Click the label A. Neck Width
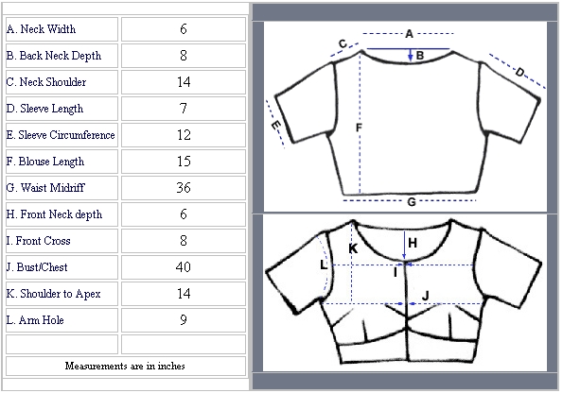pyautogui.click(x=41, y=29)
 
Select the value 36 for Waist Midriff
pyautogui.click(x=184, y=188)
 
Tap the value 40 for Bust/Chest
pyautogui.click(x=184, y=267)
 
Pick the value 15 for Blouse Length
pyautogui.click(x=184, y=162)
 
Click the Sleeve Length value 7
pyautogui.click(x=184, y=109)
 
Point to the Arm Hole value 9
pyautogui.click(x=184, y=320)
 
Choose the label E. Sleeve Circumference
pyautogui.click(x=61, y=135)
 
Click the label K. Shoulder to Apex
pyautogui.click(x=54, y=294)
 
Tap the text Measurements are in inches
pyautogui.click(x=125, y=366)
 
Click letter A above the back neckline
pyautogui.click(x=409, y=34)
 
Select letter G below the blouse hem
pyautogui.click(x=412, y=202)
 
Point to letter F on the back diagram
pyautogui.click(x=359, y=128)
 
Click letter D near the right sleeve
pyautogui.click(x=519, y=73)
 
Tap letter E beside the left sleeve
pyautogui.click(x=275, y=126)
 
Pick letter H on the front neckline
pyautogui.click(x=413, y=243)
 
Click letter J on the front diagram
pyautogui.click(x=426, y=296)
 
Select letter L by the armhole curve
pyautogui.click(x=324, y=265)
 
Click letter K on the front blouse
pyautogui.click(x=353, y=248)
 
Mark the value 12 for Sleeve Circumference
pyautogui.click(x=184, y=135)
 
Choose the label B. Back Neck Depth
pyautogui.click(x=54, y=56)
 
